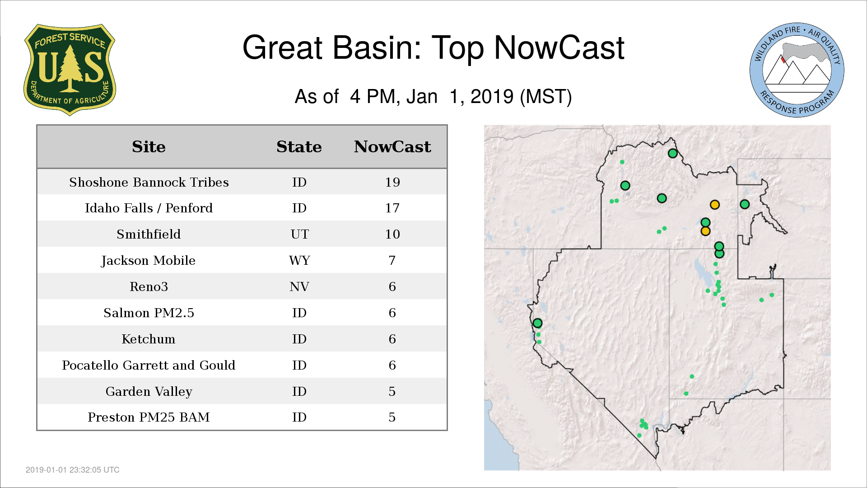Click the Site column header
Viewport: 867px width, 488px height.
[x=149, y=147]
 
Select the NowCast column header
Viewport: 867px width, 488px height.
[x=392, y=147]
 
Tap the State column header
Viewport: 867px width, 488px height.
[x=299, y=147]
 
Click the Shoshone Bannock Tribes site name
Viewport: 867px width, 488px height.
[x=149, y=182]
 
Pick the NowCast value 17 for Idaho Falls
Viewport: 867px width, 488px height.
[x=392, y=208]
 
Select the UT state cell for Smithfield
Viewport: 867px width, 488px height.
[x=299, y=234]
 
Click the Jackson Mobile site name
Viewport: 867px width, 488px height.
[x=149, y=261]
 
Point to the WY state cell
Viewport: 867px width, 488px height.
[x=299, y=260]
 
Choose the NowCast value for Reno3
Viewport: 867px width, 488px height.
[x=392, y=286]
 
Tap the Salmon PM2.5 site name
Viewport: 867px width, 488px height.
[x=149, y=313]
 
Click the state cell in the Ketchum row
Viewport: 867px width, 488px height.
[x=299, y=339]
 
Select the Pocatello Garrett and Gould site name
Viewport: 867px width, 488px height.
[x=149, y=365]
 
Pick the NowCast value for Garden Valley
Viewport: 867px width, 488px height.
[x=392, y=391]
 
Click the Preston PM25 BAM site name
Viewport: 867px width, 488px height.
[x=149, y=417]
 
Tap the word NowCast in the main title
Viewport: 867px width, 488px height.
[x=559, y=47]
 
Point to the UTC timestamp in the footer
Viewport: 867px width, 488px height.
[x=73, y=470]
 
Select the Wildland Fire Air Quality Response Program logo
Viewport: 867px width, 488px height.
[x=797, y=70]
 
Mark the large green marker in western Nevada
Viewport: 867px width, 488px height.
[x=537, y=323]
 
